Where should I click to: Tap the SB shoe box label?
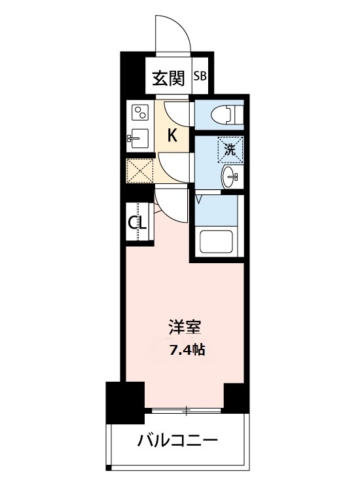pos(200,75)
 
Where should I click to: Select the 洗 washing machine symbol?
pos(230,149)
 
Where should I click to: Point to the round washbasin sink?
pos(231,175)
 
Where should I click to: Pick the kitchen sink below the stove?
pos(138,138)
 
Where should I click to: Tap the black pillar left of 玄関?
pos(132,73)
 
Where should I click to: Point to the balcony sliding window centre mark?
pos(187,411)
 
